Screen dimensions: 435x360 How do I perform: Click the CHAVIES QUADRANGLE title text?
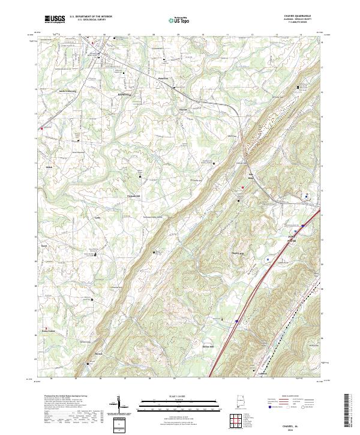293,17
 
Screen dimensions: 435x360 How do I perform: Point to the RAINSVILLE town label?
128,94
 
